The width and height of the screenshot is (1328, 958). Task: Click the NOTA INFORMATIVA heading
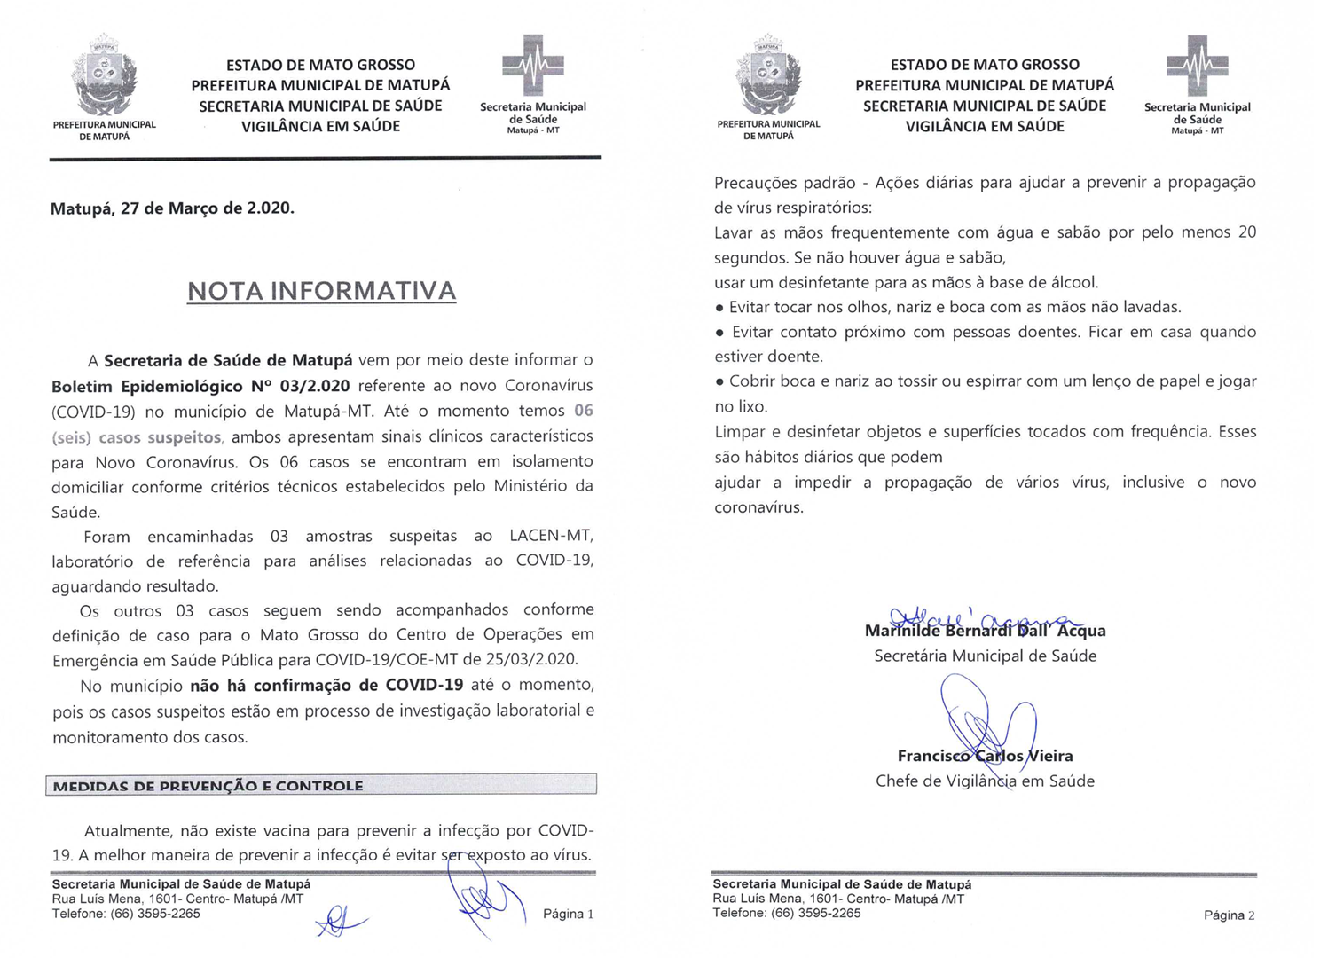pos(321,291)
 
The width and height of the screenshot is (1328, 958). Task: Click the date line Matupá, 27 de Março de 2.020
pos(172,208)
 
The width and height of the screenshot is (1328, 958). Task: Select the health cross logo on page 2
pos(1197,65)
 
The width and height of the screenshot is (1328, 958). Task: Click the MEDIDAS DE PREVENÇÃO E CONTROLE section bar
pos(320,785)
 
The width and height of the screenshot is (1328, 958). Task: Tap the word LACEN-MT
pos(550,536)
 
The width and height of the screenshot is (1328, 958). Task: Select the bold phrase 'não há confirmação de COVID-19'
pos(326,685)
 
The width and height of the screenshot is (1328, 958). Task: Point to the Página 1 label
pos(568,914)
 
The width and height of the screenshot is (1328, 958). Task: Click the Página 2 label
pos(1229,915)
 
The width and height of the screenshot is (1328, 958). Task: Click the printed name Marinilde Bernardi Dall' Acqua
pos(985,632)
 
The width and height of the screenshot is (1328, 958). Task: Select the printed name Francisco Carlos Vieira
pos(985,756)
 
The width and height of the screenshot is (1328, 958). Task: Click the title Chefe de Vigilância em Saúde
pos(985,781)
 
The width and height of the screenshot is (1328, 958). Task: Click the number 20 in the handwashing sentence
pos(1246,232)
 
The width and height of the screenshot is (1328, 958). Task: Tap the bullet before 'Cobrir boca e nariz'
pos(719,382)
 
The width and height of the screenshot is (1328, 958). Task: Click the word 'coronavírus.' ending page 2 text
pos(758,508)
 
